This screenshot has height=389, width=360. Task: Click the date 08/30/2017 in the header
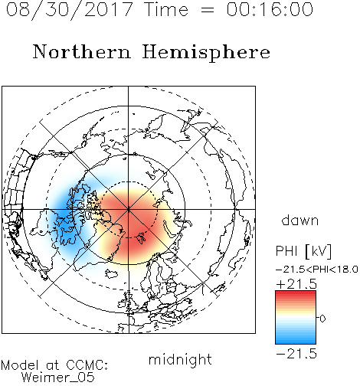(70, 10)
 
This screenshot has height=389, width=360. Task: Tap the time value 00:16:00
(270, 9)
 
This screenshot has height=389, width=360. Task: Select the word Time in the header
(166, 9)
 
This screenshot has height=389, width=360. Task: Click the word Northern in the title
(82, 51)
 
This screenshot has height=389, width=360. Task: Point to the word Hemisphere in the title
(206, 53)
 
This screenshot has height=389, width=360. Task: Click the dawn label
(300, 220)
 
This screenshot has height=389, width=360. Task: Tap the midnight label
(180, 359)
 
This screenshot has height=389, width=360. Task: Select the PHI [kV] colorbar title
(303, 251)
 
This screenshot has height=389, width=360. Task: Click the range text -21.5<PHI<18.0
(317, 269)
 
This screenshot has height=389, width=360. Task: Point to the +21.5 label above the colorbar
(296, 284)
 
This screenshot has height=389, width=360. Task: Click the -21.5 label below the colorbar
(296, 354)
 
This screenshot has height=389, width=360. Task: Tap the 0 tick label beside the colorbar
(322, 319)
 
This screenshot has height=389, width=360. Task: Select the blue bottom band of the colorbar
(296, 339)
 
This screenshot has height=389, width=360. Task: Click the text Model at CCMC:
(54, 365)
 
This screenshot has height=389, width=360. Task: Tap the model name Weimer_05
(58, 378)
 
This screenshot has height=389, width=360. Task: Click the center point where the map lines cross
(129, 209)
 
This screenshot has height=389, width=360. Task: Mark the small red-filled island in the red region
(141, 237)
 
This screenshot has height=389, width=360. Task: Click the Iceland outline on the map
(112, 274)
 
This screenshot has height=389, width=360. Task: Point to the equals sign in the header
(208, 10)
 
